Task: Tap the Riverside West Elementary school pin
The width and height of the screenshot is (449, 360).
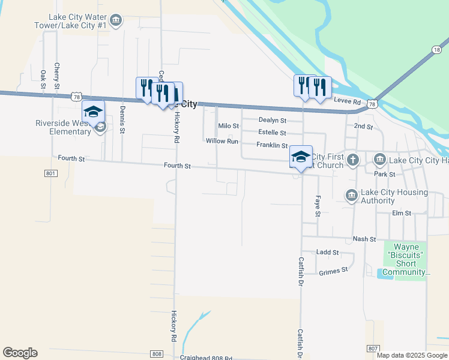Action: [x=94, y=112]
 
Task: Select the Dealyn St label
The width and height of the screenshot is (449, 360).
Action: [x=272, y=121]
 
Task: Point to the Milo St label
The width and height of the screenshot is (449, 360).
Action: [x=228, y=126]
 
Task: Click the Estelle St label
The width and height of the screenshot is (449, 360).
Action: [x=271, y=133]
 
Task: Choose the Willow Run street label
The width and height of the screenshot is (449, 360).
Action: [x=222, y=141]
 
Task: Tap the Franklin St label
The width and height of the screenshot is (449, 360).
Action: [x=272, y=145]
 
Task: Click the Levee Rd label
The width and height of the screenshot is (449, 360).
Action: [x=348, y=103]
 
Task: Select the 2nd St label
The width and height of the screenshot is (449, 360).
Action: [x=363, y=127]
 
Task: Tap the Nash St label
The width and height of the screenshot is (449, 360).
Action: [x=364, y=239]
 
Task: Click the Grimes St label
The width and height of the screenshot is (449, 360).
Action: [x=334, y=271]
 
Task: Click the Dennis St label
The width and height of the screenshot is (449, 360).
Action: [x=122, y=119]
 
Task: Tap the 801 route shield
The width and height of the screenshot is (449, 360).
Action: [x=50, y=173]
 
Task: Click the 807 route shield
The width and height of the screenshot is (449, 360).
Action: [x=372, y=349]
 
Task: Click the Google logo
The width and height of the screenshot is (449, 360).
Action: [x=20, y=353]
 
